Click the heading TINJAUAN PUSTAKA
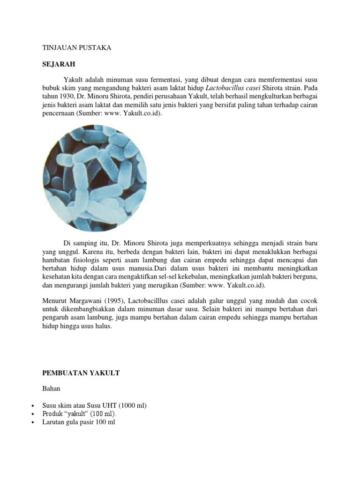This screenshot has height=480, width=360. coord(76,48)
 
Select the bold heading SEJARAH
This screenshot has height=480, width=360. coord(59,63)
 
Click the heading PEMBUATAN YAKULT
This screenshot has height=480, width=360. coord(81,373)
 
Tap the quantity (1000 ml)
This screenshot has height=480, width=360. coord(130,405)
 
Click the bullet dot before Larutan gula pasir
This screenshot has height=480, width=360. coord(32,423)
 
